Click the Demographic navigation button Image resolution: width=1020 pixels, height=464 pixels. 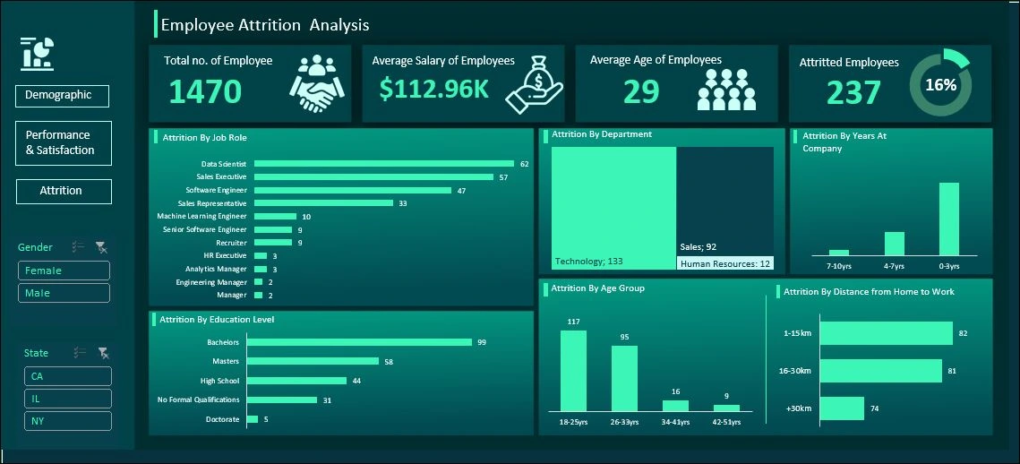[62, 96]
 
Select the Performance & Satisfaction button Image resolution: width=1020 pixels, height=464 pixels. [64, 143]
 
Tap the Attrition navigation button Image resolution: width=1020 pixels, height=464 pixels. [64, 191]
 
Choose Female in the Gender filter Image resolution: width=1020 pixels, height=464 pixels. [64, 271]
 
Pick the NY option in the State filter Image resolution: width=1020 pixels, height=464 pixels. [67, 421]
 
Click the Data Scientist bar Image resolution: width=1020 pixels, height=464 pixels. [384, 164]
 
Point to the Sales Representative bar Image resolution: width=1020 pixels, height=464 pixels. [323, 203]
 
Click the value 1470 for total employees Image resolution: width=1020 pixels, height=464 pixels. [205, 91]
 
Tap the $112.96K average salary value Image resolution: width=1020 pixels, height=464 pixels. [433, 89]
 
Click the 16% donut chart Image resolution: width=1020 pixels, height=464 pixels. [940, 85]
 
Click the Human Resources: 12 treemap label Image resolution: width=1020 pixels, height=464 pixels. [725, 264]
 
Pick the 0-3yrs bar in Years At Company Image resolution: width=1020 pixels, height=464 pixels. [948, 219]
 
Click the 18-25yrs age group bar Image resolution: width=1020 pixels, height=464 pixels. [573, 371]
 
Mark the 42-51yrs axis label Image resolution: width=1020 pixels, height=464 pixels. [726, 422]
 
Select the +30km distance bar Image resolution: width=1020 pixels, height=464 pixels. [842, 408]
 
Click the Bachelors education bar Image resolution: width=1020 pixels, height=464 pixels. [359, 341]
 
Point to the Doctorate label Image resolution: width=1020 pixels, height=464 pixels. [222, 419]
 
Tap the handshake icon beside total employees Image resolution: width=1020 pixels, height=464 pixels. [317, 84]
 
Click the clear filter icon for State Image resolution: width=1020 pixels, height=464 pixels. [102, 353]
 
